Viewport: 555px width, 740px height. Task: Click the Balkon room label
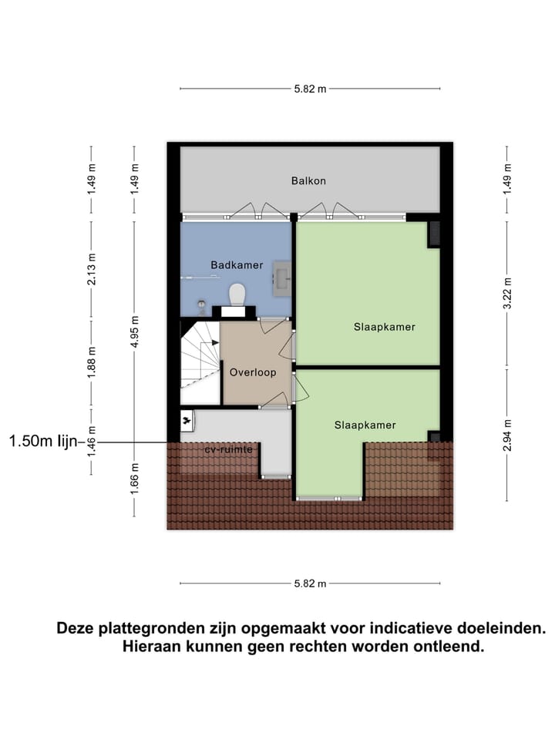[x=308, y=181]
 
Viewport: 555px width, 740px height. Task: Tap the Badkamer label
[x=237, y=265]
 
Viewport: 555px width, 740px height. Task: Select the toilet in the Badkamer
[x=237, y=294]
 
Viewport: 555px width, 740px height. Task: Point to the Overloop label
[x=252, y=372]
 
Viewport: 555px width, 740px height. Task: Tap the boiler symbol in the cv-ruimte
[x=187, y=420]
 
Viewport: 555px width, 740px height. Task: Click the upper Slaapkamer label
[x=385, y=327]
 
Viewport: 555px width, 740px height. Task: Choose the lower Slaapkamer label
[x=365, y=425]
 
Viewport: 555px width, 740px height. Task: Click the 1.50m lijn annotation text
[x=43, y=442]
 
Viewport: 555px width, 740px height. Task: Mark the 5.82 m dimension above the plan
[x=310, y=89]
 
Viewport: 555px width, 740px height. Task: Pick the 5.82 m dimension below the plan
[x=310, y=584]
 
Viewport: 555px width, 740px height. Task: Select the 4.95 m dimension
[x=135, y=331]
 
